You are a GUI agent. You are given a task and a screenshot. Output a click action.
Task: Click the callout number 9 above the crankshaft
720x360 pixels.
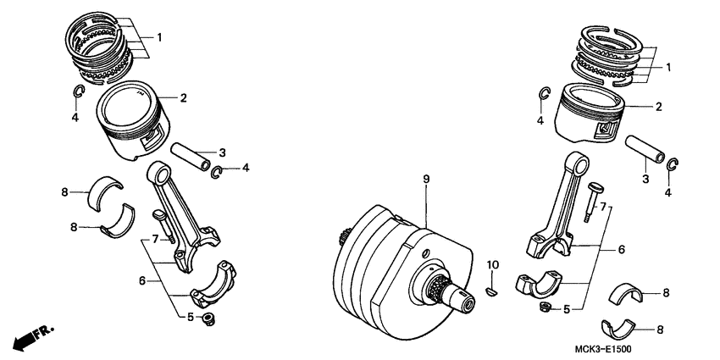tap(426, 180)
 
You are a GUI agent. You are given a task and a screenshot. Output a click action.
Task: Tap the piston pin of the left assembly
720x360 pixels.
tap(194, 158)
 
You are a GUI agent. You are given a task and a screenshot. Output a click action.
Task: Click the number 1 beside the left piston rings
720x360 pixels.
tap(158, 38)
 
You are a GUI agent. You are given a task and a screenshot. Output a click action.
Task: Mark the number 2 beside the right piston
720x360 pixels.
tap(657, 107)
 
